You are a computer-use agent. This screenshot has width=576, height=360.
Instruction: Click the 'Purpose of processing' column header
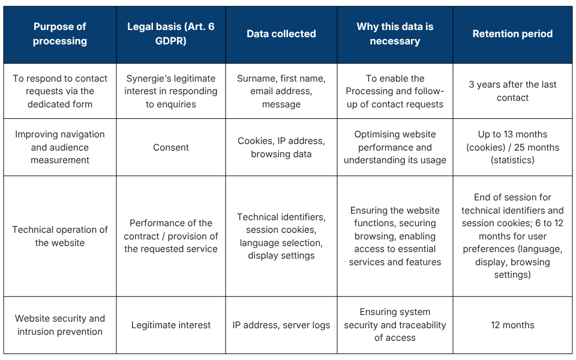click(60, 34)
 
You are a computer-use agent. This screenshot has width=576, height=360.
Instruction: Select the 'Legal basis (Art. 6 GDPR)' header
click(171, 34)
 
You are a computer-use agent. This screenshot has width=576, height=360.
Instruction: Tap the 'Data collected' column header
click(281, 34)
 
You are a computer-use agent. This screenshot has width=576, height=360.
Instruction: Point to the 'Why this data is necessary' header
click(395, 34)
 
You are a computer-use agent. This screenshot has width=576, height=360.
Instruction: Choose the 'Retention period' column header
click(512, 34)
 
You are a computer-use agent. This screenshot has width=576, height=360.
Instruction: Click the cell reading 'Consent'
click(171, 148)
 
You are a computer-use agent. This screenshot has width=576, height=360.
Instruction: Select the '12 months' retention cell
click(512, 325)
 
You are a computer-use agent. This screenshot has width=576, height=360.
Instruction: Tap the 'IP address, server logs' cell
click(281, 325)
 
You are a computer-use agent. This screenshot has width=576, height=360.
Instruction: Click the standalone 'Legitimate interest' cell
click(171, 325)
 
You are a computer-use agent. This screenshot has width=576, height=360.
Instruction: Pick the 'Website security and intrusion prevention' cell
click(60, 325)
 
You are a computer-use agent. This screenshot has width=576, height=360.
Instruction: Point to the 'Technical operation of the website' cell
click(60, 236)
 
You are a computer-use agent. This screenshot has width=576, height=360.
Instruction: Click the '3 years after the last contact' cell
click(512, 91)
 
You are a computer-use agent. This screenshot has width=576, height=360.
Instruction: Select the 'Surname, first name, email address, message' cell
click(281, 91)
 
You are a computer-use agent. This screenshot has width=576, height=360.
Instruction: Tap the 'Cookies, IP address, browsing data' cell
click(281, 148)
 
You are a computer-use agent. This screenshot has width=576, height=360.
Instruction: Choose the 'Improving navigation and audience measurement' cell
click(60, 148)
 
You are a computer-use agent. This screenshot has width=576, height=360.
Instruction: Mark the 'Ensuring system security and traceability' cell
click(395, 325)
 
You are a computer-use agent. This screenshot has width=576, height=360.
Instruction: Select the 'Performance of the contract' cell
click(171, 236)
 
